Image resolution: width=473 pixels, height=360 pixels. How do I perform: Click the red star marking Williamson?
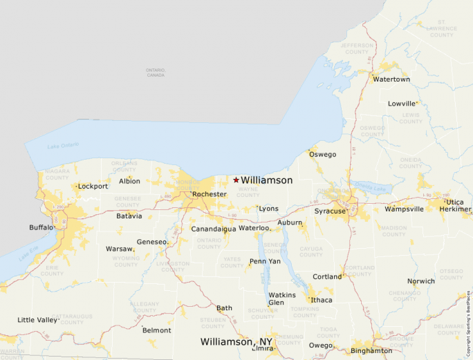click(x=236, y=180)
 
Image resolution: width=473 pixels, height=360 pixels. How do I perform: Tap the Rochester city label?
click(x=209, y=194)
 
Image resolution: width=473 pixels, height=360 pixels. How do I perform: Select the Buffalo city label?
click(x=41, y=227)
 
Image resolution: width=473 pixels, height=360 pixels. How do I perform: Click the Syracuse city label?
click(x=330, y=211)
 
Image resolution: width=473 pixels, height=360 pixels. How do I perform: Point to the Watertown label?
click(x=391, y=79)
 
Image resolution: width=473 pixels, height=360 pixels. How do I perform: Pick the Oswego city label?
click(x=322, y=154)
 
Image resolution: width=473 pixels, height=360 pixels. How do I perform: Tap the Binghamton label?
click(x=371, y=351)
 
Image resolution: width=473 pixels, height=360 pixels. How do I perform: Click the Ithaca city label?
click(x=322, y=300)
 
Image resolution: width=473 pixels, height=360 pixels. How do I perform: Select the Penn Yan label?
click(x=266, y=262)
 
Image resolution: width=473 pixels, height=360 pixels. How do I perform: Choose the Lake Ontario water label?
click(x=63, y=146)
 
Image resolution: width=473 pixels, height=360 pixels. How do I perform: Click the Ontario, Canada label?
click(x=156, y=73)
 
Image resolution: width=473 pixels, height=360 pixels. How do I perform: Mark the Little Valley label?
click(x=38, y=320)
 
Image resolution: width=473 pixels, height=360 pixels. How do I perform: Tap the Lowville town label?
click(x=402, y=104)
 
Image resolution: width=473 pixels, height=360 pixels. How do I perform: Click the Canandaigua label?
click(x=214, y=229)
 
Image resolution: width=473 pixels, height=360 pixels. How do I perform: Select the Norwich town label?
click(x=420, y=281)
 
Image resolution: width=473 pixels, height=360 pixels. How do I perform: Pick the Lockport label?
click(x=93, y=186)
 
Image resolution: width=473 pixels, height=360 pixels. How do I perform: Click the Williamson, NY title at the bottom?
click(x=236, y=342)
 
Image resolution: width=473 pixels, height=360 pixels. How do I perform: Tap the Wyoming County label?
click(x=126, y=261)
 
